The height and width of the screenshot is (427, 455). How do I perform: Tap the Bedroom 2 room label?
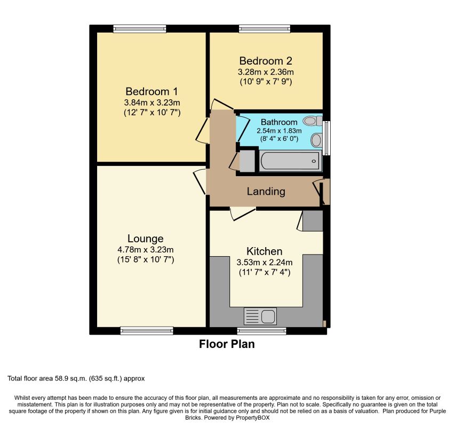point(266,60)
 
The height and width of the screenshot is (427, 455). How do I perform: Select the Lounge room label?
point(145,238)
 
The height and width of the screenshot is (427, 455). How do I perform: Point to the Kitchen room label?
point(264,251)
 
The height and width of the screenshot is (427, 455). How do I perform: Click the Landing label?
point(266,192)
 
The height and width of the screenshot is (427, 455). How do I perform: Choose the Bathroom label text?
point(279,122)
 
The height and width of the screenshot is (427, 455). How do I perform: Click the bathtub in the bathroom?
point(290,161)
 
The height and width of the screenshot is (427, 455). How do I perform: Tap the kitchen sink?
point(260,317)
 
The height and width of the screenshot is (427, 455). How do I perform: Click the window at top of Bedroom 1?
point(139,29)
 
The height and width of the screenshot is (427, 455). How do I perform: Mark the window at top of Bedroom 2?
point(265,29)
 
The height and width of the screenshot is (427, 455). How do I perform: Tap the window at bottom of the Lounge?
point(147,331)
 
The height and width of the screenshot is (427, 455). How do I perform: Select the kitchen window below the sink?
point(261,331)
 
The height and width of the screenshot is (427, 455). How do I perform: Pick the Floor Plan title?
point(227,344)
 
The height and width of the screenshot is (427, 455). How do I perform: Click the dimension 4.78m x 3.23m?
point(146,249)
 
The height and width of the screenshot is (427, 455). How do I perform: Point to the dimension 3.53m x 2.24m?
point(264,262)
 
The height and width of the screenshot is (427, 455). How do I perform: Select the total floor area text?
point(76,378)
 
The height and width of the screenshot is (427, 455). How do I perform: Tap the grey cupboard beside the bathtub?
point(246,161)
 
